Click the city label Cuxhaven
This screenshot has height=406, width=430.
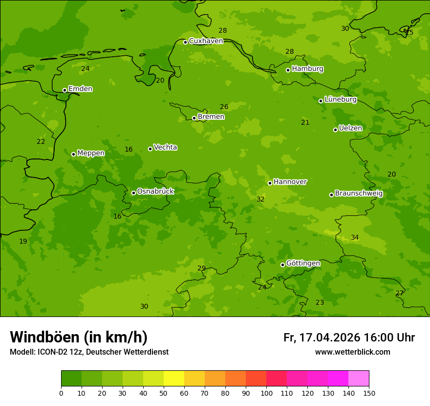pyautogui.click(x=206, y=41)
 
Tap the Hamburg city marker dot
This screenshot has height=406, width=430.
pyautogui.click(x=288, y=70)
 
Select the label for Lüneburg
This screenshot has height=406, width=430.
pyautogui.click(x=341, y=99)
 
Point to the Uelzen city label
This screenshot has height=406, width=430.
pyautogui.click(x=350, y=128)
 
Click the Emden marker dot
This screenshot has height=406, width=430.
pyautogui.click(x=64, y=90)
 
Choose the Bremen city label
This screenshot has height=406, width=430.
pyautogui.click(x=211, y=117)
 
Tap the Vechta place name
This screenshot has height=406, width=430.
pyautogui.click(x=165, y=147)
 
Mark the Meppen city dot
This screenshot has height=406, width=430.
pyautogui.click(x=73, y=154)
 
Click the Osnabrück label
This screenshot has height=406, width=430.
pyautogui.click(x=155, y=191)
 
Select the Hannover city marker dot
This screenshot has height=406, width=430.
pyautogui.click(x=270, y=183)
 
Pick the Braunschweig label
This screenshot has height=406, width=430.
pyautogui.click(x=359, y=194)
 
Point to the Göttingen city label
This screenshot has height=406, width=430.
pyautogui.click(x=303, y=264)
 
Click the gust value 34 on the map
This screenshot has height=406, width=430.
pyautogui.click(x=355, y=238)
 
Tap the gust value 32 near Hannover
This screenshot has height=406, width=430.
pyautogui.click(x=260, y=200)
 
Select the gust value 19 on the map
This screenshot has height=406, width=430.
pyautogui.click(x=23, y=242)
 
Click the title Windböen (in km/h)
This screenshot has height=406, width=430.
pyautogui.click(x=79, y=337)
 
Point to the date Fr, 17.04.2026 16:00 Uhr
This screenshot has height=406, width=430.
pyautogui.click(x=349, y=338)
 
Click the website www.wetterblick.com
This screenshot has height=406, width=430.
pyautogui.click(x=352, y=352)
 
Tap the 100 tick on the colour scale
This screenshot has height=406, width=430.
pyautogui.click(x=266, y=392)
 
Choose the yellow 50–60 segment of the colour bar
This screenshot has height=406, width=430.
pyautogui.click(x=174, y=379)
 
